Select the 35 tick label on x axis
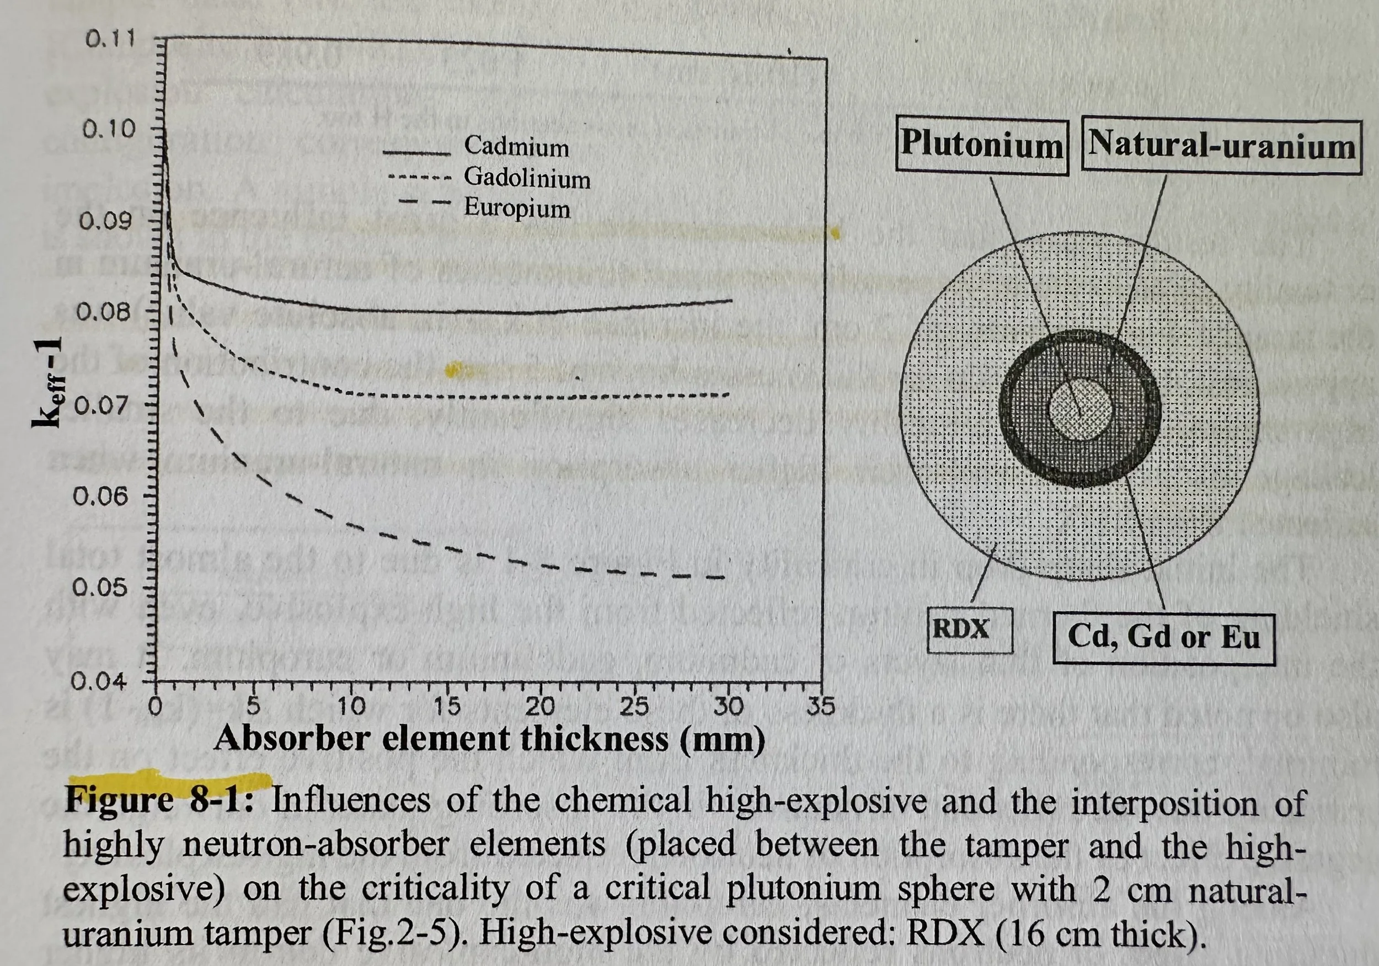pyautogui.click(x=820, y=707)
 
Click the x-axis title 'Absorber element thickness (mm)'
pyautogui.click(x=489, y=738)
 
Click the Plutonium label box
pyautogui.click(x=982, y=147)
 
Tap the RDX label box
pyautogui.click(x=970, y=630)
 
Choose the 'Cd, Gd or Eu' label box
pyautogui.click(x=1163, y=638)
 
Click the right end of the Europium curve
pyautogui.click(x=725, y=578)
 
